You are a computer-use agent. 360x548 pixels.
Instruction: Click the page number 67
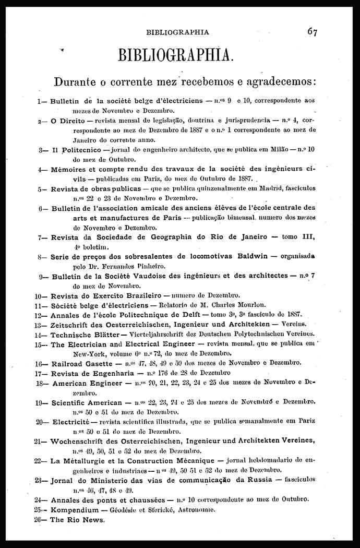click(312, 31)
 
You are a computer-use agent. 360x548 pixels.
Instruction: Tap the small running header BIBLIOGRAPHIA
click(177, 32)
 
